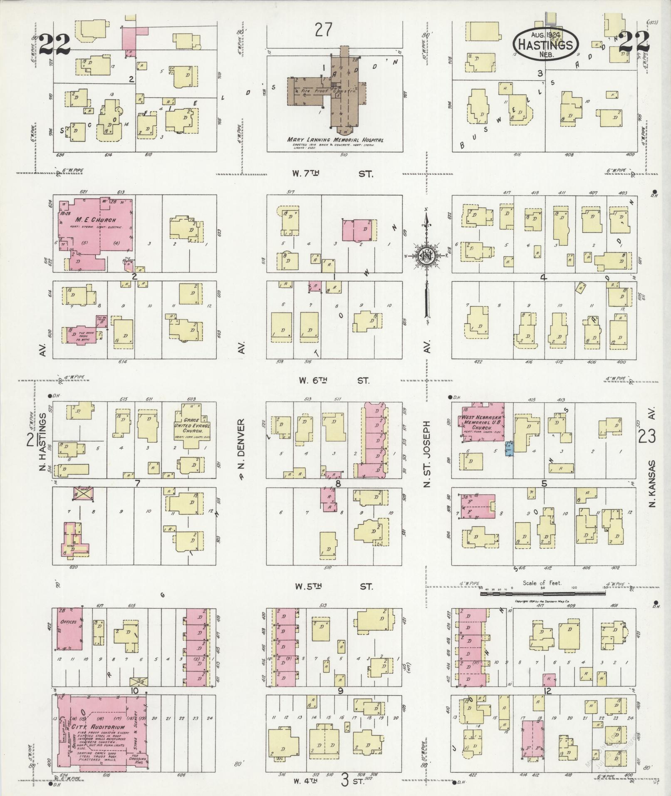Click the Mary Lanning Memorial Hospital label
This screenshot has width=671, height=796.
coord(335,140)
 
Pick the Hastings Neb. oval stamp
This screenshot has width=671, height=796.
coord(546,43)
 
